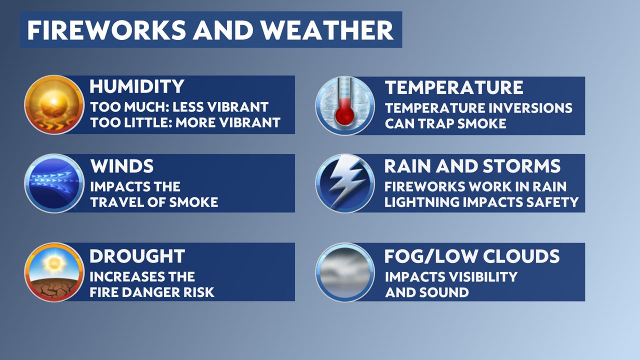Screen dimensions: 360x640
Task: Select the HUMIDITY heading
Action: click(x=137, y=86)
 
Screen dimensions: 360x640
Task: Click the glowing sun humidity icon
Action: click(x=54, y=104)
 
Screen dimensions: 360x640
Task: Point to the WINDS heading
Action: click(x=121, y=166)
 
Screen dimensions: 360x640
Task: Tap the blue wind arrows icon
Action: click(x=54, y=183)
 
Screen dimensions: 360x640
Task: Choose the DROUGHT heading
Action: click(x=137, y=256)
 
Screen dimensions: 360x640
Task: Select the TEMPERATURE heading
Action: click(x=453, y=87)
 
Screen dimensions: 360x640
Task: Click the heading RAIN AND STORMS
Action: click(x=472, y=166)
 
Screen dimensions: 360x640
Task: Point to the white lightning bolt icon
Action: click(x=345, y=183)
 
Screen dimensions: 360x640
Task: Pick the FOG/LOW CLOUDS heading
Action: click(x=471, y=256)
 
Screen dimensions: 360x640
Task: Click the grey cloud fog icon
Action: click(x=345, y=272)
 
